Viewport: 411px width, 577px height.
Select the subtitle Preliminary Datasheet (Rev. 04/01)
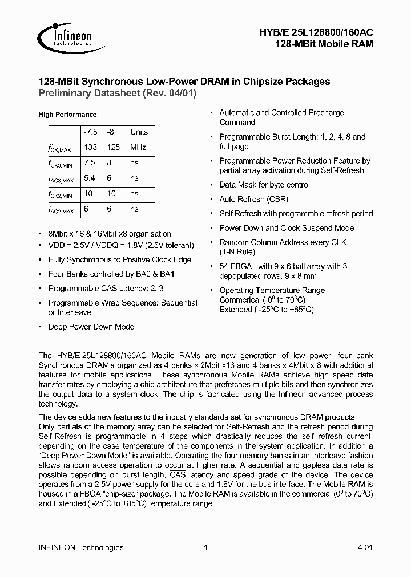[x=117, y=94]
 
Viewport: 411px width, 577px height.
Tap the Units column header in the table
[x=139, y=132]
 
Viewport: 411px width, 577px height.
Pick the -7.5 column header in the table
[x=90, y=132]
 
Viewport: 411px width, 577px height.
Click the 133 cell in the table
[x=90, y=147]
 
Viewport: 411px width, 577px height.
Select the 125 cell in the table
[x=114, y=147]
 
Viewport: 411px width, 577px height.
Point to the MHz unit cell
[x=138, y=147]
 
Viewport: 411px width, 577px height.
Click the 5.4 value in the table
[x=89, y=178]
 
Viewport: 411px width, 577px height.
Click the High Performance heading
[x=68, y=115]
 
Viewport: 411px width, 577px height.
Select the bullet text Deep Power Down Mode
[x=91, y=327]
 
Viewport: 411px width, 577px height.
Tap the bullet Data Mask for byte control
[x=265, y=185]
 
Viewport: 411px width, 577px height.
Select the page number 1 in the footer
[x=205, y=547]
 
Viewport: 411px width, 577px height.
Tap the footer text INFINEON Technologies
[x=80, y=547]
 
